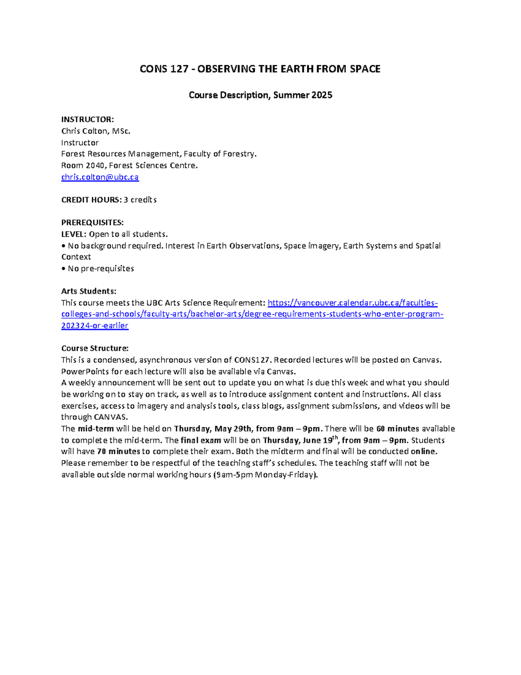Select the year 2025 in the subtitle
tap(322, 95)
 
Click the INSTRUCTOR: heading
tap(87, 120)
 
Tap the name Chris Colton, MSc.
tap(96, 131)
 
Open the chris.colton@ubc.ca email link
tap(100, 177)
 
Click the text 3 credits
tap(140, 200)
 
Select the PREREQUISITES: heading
tap(92, 223)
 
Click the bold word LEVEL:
tap(74, 234)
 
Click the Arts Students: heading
tap(89, 291)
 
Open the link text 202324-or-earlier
tap(95, 326)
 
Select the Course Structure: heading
tap(95, 349)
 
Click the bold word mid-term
tap(96, 429)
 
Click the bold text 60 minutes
tap(398, 429)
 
